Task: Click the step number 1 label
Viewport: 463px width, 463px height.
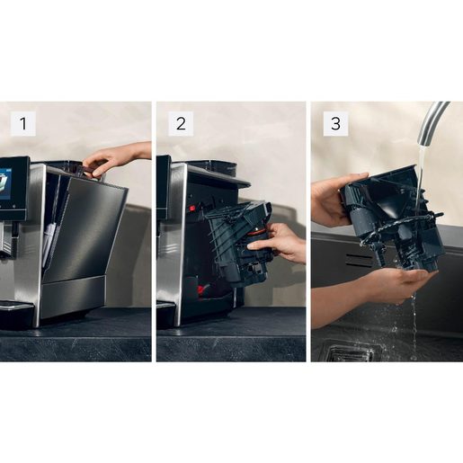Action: (x=22, y=123)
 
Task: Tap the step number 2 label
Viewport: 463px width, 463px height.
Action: (x=181, y=123)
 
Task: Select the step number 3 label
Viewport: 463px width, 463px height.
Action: (x=335, y=123)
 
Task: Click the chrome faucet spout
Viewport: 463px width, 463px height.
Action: (x=432, y=121)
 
